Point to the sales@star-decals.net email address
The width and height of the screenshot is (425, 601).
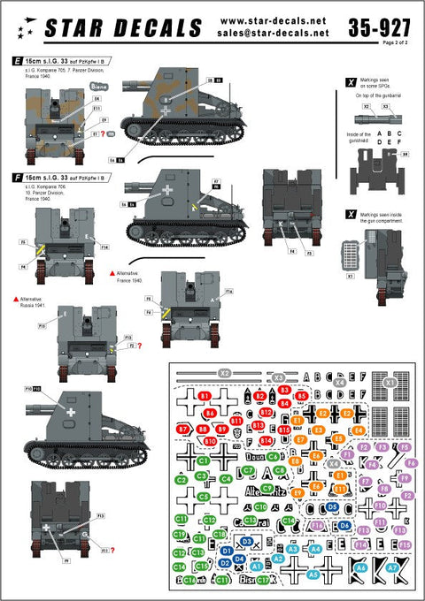coord(272,33)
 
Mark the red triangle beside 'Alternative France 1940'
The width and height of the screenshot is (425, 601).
coord(112,273)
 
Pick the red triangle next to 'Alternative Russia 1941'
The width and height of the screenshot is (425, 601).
coord(16,299)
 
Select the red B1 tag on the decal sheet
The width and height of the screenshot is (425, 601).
coord(205,395)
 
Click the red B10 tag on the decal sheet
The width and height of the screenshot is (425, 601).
coord(210,441)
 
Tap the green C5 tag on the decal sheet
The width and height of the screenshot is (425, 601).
coord(204,497)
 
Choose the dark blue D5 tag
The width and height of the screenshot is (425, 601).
coord(332,506)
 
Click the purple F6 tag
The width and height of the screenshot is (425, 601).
coord(412,462)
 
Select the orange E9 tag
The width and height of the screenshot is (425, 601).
coord(297,492)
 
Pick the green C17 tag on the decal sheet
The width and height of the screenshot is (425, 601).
coord(262,580)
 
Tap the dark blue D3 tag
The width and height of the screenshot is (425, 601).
coord(247,541)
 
